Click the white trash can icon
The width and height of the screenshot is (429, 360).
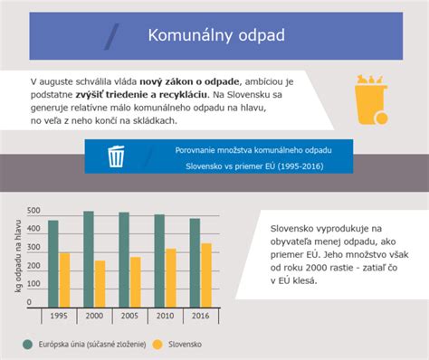116,156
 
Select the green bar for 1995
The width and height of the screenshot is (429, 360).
52,263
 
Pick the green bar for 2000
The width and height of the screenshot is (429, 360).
88,259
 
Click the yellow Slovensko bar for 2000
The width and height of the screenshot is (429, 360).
100,284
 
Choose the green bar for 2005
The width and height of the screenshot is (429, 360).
124,260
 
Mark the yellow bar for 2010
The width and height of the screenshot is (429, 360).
171,278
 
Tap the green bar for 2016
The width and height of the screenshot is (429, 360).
195,262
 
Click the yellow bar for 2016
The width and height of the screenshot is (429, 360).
206,275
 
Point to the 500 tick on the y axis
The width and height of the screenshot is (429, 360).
33,211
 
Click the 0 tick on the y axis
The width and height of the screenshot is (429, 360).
28,303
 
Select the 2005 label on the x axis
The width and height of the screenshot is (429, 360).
129,317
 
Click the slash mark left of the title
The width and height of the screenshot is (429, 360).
112,36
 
